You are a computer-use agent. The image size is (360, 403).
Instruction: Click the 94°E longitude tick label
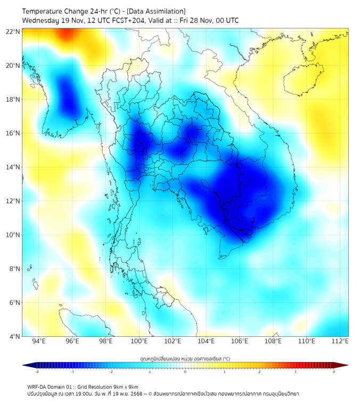coord(39,341)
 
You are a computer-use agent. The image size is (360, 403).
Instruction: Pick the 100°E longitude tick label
coord(139,341)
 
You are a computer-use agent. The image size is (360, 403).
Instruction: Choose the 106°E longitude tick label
coord(240,341)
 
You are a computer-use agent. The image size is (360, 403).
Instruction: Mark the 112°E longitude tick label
coord(340,341)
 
